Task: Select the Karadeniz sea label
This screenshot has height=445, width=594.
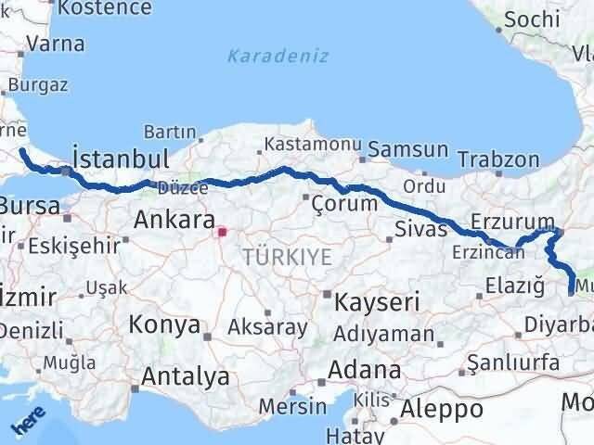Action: (278, 56)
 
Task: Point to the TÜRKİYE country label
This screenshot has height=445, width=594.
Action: (288, 257)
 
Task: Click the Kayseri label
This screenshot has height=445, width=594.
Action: (365, 301)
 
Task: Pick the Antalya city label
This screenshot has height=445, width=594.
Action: (186, 377)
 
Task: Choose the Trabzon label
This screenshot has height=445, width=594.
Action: (497, 160)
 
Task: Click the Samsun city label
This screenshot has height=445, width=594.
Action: (408, 149)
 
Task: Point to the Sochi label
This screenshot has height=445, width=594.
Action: (534, 19)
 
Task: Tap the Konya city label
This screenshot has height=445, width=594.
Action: (165, 325)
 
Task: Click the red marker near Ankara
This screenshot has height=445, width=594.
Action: (221, 231)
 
